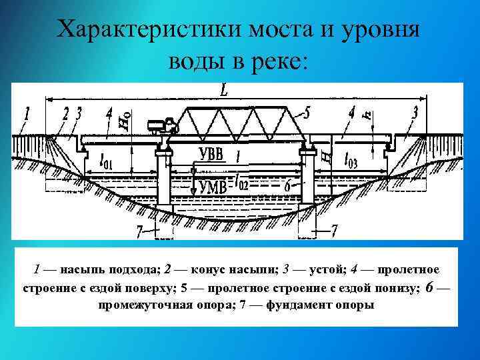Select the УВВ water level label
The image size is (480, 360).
pos(215,156)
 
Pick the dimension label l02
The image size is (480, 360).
pos(241,181)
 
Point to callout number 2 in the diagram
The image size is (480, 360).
pos(66,113)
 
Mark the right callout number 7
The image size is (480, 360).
pos(334,231)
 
